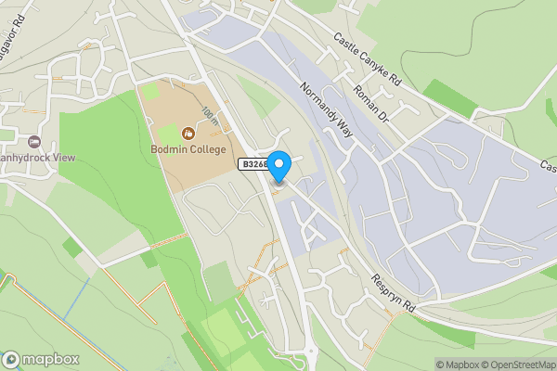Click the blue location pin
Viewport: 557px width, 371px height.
coord(278,165)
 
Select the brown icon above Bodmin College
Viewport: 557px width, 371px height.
coord(190,133)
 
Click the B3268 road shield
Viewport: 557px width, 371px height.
coord(253,164)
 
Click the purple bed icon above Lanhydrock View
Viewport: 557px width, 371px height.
coord(35,141)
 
